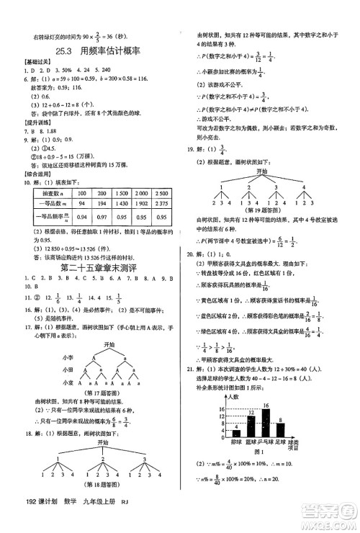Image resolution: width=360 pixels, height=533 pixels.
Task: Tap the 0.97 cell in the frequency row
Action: pos(102,216)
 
